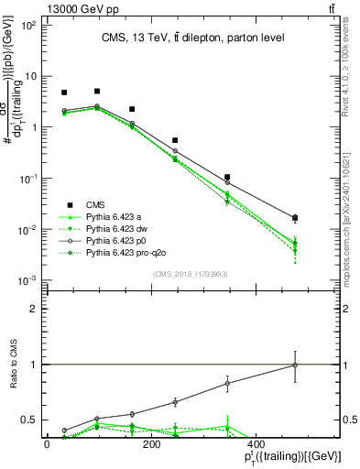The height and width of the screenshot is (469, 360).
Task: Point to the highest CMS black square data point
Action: [x=97, y=92]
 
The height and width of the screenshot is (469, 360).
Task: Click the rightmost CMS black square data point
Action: [x=294, y=218]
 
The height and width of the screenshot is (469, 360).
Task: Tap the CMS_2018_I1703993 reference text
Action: [x=190, y=275]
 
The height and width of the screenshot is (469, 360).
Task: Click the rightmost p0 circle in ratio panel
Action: [x=294, y=365]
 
